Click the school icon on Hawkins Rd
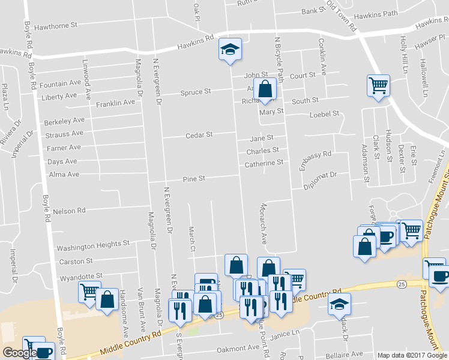point(229,50)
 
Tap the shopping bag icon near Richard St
point(264,89)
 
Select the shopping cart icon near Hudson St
point(378,85)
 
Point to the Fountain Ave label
point(61,83)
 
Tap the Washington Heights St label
point(93,246)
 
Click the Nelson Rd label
point(70,211)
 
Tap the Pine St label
point(194,179)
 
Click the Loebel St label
point(324,113)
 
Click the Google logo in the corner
point(19,353)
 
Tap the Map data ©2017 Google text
point(412,355)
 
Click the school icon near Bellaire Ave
point(340,305)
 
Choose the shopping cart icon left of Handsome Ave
point(89,292)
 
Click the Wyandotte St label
point(80,277)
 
